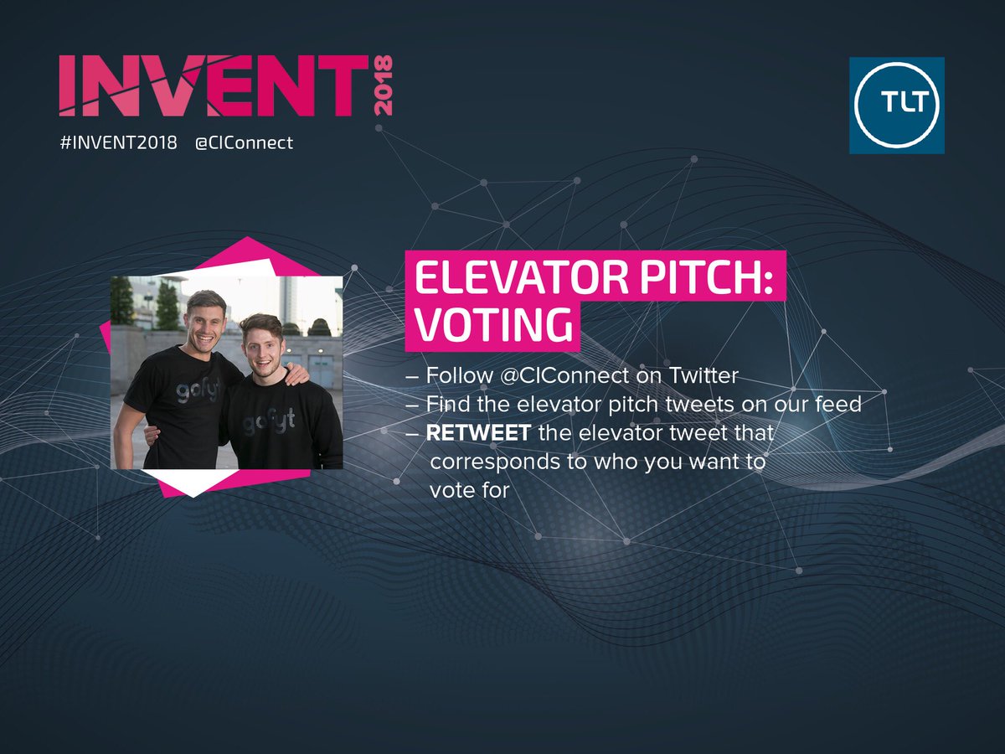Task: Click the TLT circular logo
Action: click(x=896, y=106)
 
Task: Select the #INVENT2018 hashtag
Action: click(x=118, y=142)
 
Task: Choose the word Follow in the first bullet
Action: click(x=459, y=376)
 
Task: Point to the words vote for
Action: click(x=469, y=490)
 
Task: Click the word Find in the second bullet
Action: click(x=446, y=405)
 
